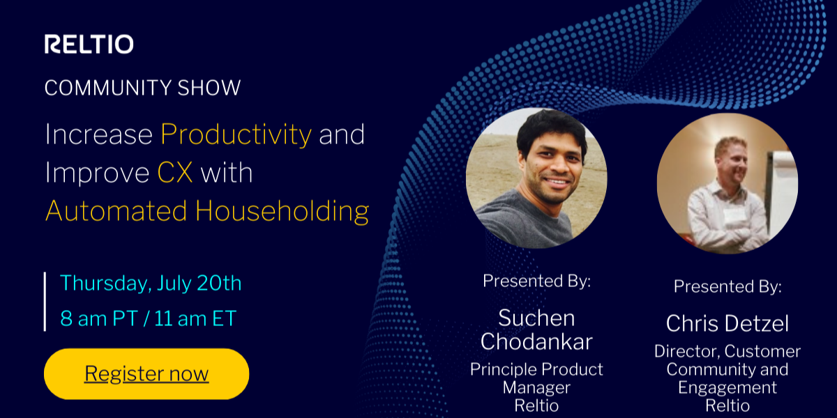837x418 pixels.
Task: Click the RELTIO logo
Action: [89, 44]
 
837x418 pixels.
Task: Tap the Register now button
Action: [146, 373]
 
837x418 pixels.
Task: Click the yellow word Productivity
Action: [236, 134]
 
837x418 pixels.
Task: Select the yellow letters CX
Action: [175, 173]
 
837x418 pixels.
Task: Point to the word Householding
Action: [282, 211]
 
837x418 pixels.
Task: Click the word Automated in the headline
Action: [116, 211]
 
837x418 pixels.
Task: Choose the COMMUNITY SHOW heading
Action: [142, 88]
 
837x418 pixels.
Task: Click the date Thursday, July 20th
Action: [151, 283]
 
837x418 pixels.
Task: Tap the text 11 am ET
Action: [195, 319]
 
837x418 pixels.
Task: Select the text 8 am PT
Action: [99, 319]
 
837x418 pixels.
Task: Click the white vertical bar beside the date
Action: [45, 302]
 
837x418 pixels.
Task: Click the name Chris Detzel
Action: [727, 323]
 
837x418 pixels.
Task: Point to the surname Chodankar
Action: [536, 342]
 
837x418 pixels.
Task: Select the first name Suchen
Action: [536, 318]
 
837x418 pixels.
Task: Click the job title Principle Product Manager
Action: [536, 378]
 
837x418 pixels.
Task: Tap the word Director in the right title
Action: [687, 352]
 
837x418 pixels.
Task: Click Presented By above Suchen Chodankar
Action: [536, 281]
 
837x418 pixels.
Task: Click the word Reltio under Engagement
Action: [727, 405]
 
